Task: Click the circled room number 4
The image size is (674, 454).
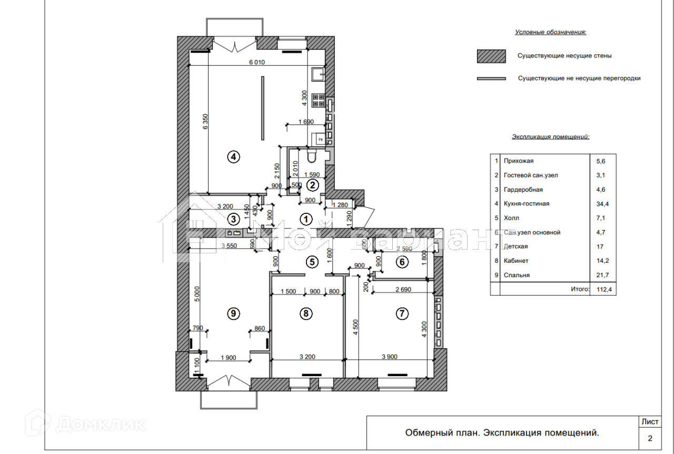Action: [233, 156]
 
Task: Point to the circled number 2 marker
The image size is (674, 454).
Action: [312, 185]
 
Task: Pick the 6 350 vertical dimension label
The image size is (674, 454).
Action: [205, 122]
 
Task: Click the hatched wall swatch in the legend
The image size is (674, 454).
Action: [491, 56]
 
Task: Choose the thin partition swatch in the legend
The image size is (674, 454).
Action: [491, 78]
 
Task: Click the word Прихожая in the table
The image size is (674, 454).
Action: [519, 161]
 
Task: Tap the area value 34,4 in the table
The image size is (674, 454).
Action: [600, 204]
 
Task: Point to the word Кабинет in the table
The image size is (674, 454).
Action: [516, 261]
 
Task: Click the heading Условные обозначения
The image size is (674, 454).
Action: [550, 33]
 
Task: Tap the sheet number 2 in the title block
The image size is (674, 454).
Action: [650, 438]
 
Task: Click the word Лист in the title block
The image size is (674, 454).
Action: [650, 422]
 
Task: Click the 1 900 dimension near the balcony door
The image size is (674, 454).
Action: [228, 358]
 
